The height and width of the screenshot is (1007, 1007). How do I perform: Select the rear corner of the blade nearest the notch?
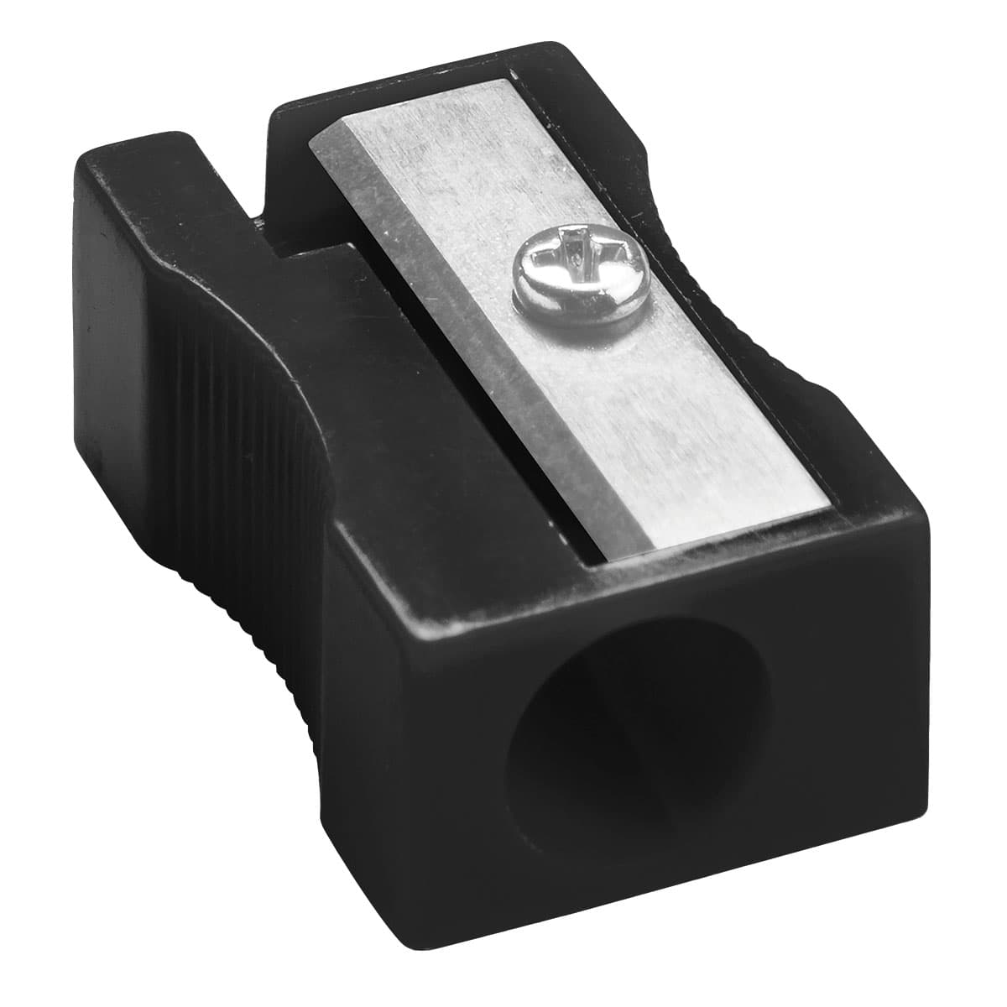(310, 143)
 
